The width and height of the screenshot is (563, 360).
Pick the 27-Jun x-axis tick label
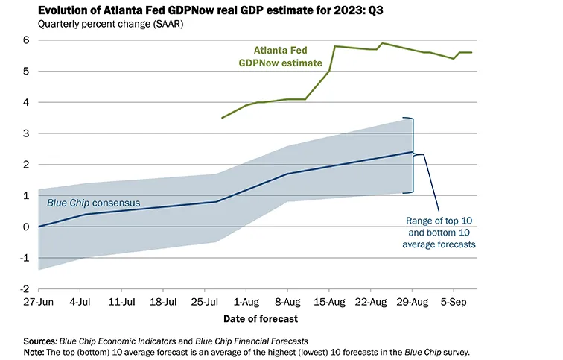[39, 303]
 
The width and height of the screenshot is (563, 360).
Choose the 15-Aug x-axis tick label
[330, 303]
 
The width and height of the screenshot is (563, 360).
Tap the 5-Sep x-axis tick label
[454, 303]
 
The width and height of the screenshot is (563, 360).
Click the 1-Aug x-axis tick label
[246, 303]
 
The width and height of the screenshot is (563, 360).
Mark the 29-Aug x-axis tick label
[413, 303]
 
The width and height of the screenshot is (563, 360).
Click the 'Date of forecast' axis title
[261, 319]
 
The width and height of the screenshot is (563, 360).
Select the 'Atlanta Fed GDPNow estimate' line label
[284, 58]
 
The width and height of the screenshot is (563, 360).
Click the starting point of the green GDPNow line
[222, 118]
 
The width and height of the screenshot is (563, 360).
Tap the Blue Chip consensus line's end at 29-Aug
[412, 152]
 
